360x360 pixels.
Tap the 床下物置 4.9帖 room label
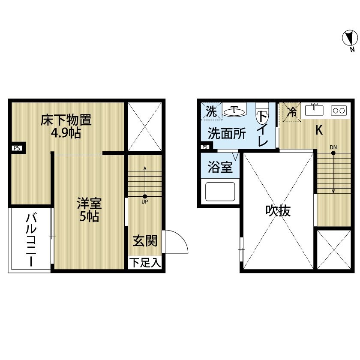coord(66,126)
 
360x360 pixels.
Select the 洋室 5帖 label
coord(89,210)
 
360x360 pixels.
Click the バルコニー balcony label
coord(31,240)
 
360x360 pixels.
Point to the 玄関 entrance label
coord(145,240)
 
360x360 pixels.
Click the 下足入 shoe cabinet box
coord(145,263)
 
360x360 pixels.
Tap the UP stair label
coord(145,202)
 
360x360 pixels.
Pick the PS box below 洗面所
coord(205,147)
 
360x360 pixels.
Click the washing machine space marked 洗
coord(211,111)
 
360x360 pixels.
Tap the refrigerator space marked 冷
coord(291,112)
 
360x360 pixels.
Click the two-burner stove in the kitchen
coord(339,111)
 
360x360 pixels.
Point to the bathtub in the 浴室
coord(220,192)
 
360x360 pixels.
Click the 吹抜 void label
coord(278,210)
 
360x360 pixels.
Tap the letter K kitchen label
coord(319,130)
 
